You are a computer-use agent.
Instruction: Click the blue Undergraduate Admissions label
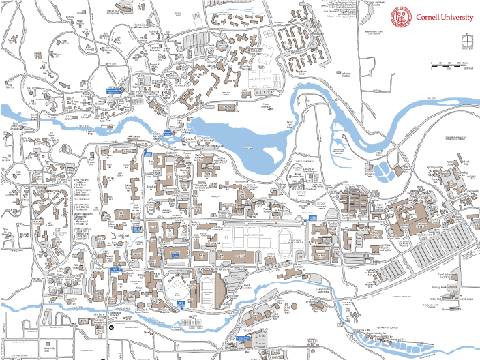(x=113, y=91)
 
